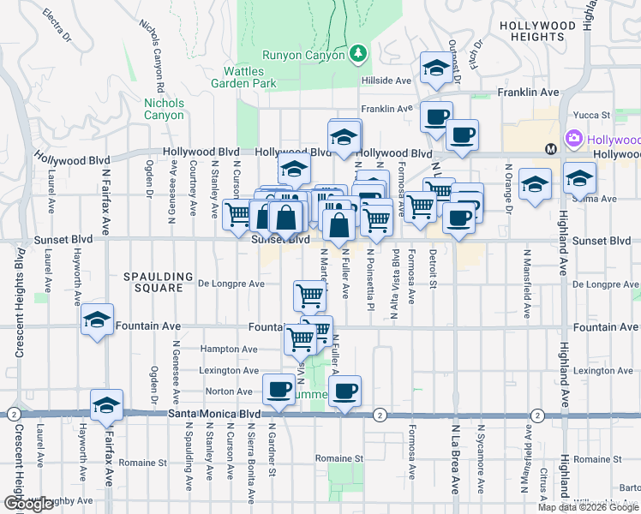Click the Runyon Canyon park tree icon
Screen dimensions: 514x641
tap(358, 54)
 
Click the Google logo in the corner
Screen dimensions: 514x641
tap(28, 504)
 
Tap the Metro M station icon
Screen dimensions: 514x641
tap(552, 149)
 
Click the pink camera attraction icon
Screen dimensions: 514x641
tap(572, 138)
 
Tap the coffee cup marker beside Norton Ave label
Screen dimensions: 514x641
tap(279, 390)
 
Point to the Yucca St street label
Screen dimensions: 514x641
tap(592, 114)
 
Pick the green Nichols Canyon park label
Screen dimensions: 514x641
tap(164, 109)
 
